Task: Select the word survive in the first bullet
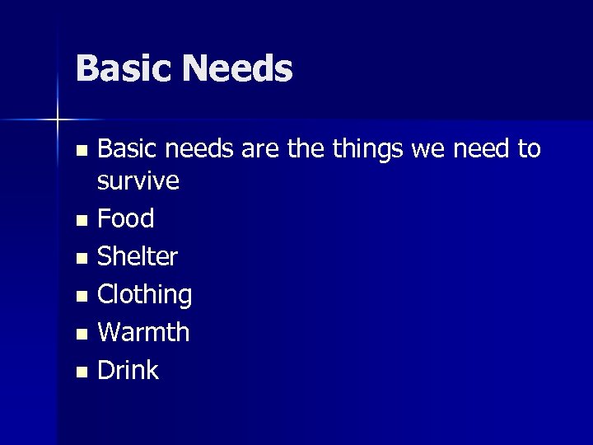tap(138, 180)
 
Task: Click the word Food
tap(126, 218)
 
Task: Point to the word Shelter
tap(138, 256)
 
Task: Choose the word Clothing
tap(145, 294)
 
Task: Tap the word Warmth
tap(143, 332)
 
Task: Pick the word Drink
tap(128, 370)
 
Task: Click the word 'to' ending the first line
tap(530, 149)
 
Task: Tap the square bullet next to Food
tap(80, 221)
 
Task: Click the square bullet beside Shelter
tap(80, 259)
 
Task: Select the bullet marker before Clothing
tap(80, 297)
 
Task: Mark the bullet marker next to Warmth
tap(80, 335)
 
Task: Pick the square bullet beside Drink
tap(80, 372)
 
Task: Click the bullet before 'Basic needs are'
tap(80, 152)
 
